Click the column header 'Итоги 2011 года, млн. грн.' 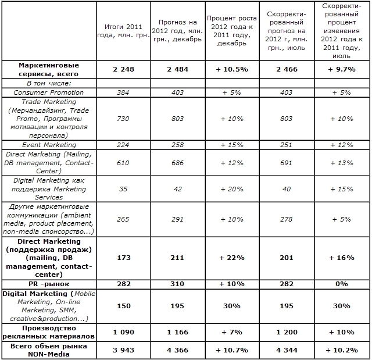click(x=123, y=31)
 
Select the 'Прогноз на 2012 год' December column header click(x=177, y=31)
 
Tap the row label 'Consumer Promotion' click(x=48, y=92)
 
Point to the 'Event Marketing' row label click(x=48, y=144)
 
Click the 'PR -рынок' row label click(x=48, y=284)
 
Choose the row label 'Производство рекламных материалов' click(x=48, y=332)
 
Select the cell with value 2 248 click(x=123, y=69)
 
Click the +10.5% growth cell click(x=231, y=69)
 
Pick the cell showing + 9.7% click(x=342, y=69)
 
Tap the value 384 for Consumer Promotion click(x=123, y=92)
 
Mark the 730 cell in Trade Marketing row click(x=123, y=119)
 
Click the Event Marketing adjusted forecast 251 click(x=287, y=144)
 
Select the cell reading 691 click(x=287, y=163)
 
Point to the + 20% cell click(x=231, y=189)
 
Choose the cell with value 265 click(x=123, y=219)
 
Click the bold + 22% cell click(x=231, y=258)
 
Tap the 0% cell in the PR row click(x=342, y=284)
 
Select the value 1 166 click(x=177, y=332)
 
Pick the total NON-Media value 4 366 click(x=177, y=350)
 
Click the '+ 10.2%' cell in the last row click(x=342, y=350)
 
